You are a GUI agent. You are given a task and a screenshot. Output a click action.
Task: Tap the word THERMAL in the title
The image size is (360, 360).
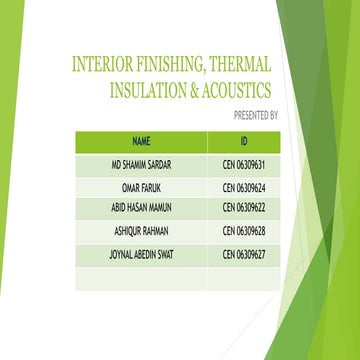point(240,67)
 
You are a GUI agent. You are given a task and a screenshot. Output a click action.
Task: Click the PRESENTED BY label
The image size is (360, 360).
point(254,115)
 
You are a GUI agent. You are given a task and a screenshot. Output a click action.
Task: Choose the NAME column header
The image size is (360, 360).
point(141,140)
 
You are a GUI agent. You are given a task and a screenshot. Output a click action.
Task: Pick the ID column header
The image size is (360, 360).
point(243,140)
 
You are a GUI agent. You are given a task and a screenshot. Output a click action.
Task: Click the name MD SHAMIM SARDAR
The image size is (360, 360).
point(141,163)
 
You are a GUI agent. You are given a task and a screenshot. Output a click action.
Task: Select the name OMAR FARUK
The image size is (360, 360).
point(141,186)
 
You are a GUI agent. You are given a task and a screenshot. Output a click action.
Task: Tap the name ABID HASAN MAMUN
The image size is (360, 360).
point(141,208)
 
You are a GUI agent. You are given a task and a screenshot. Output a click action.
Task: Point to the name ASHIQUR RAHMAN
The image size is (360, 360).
point(141,231)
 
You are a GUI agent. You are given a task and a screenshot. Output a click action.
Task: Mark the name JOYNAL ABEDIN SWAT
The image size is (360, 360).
point(141,254)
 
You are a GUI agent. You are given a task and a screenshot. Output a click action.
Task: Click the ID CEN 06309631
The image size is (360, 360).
point(243,163)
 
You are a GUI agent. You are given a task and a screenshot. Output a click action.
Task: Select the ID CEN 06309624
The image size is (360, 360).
point(243,186)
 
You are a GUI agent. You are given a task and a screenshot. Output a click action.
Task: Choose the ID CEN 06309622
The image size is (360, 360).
point(243,208)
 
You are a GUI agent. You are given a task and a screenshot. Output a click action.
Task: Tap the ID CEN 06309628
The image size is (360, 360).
point(243,231)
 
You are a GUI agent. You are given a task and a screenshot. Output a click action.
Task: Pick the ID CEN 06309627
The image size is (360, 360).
point(243,254)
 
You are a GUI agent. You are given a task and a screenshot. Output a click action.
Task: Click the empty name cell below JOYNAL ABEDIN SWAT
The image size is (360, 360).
point(141,278)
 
